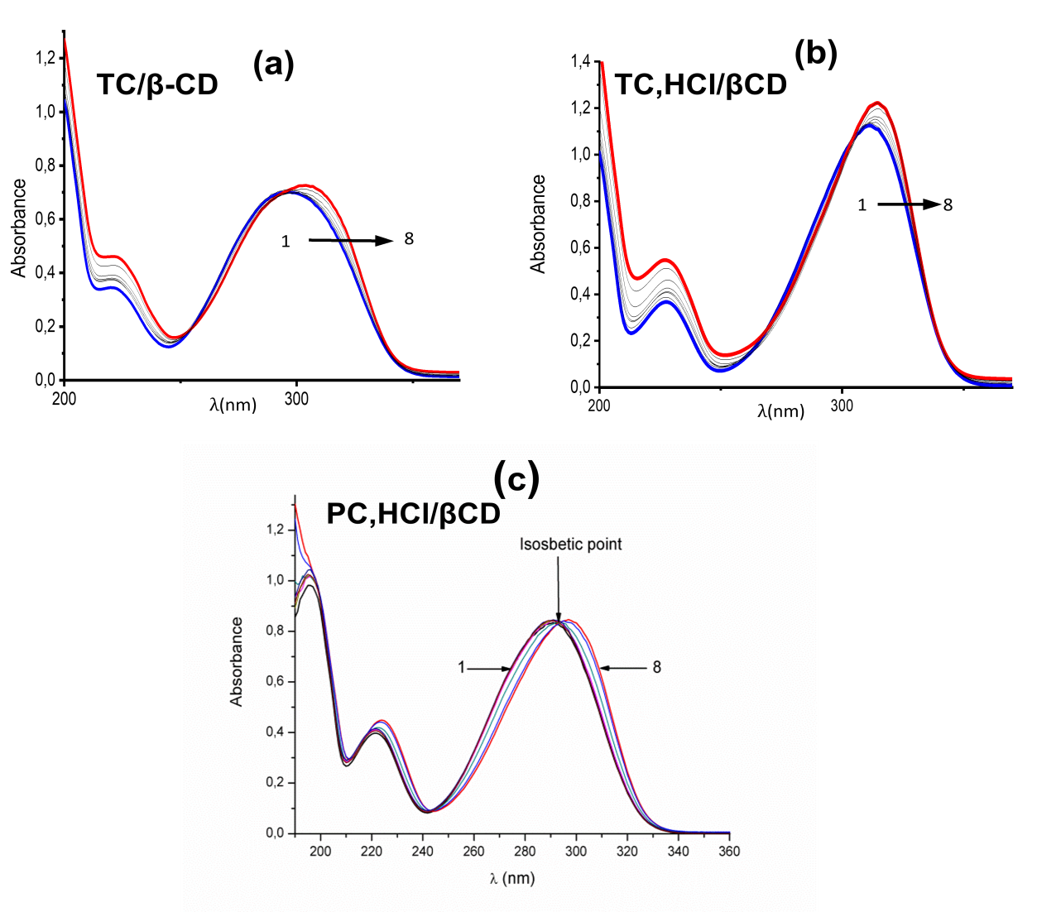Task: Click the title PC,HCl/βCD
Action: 413,514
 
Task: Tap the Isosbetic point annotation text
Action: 570,545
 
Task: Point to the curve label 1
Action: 461,667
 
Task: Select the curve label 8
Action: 657,667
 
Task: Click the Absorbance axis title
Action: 237,661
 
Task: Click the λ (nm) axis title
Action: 511,878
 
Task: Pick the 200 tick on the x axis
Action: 320,851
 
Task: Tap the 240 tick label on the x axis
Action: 423,851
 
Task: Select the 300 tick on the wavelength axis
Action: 576,851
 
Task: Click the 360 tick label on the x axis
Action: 729,851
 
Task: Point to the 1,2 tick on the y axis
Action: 275,530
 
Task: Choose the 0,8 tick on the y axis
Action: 275,631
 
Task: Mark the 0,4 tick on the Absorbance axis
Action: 275,732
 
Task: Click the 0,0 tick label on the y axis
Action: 275,833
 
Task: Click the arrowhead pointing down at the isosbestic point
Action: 559,615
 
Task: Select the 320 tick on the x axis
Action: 627,851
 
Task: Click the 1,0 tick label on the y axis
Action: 275,580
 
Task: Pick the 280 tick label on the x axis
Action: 525,851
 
